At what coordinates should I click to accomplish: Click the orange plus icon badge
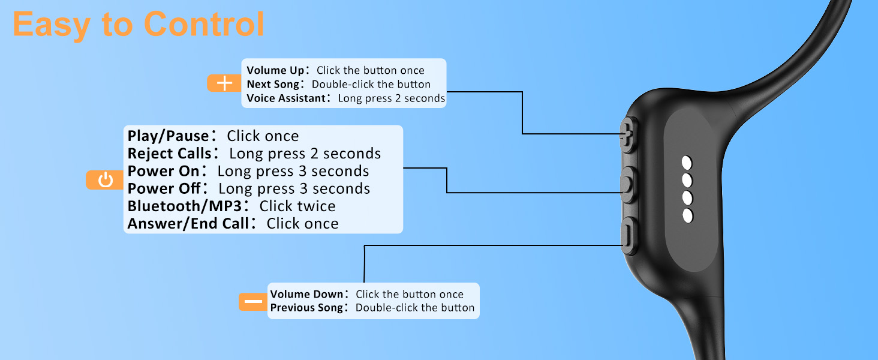(224, 83)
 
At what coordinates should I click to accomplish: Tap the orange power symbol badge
(105, 180)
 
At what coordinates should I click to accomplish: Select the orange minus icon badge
(253, 302)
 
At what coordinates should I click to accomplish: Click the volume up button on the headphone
(628, 135)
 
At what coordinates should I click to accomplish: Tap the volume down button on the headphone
(629, 236)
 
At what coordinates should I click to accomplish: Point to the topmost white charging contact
(687, 163)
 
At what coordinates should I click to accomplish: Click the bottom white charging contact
(688, 215)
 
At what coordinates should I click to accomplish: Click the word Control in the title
(204, 25)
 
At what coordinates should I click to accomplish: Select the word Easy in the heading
(52, 25)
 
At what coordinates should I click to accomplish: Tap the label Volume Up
(275, 70)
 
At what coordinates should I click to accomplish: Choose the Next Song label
(273, 85)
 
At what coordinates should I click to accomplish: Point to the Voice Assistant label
(286, 98)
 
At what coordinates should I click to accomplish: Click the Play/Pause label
(168, 136)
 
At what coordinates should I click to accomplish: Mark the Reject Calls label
(169, 154)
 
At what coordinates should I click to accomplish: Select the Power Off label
(164, 188)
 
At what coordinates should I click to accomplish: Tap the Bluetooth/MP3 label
(185, 206)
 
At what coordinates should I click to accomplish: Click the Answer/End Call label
(188, 224)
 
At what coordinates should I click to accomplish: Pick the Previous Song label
(306, 307)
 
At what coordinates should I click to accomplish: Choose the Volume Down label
(306, 294)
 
